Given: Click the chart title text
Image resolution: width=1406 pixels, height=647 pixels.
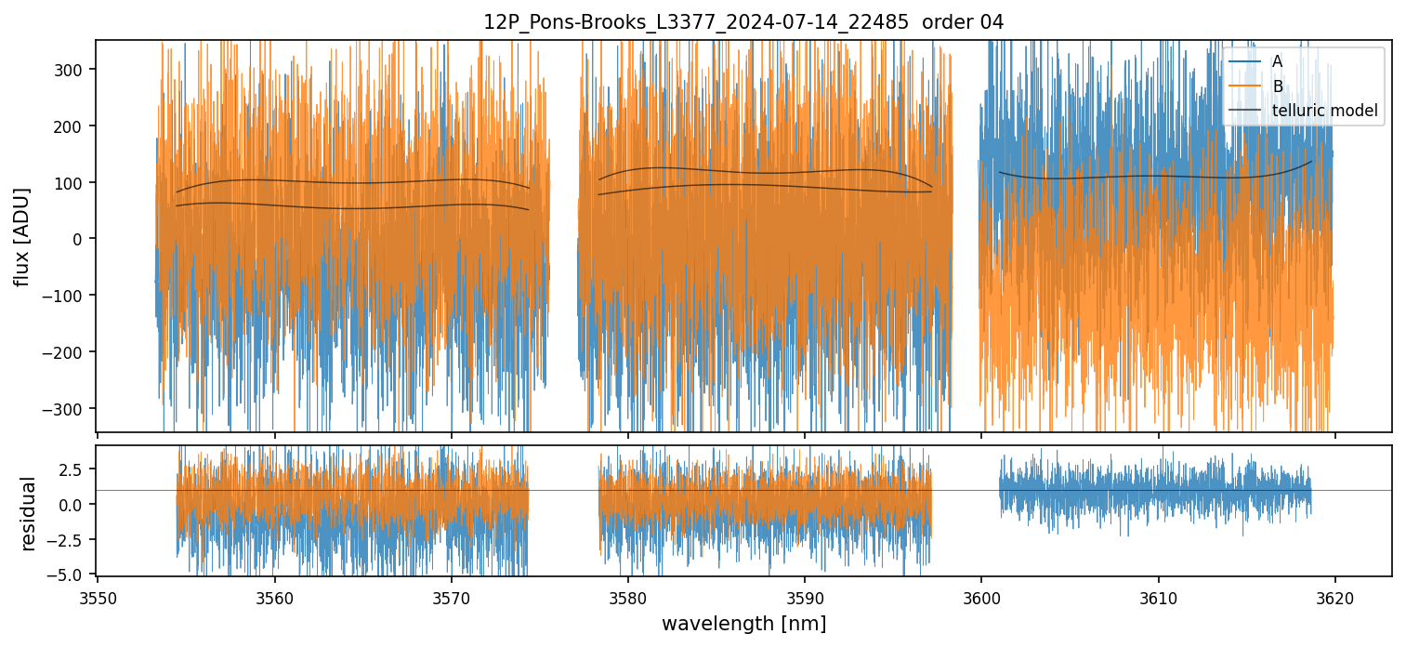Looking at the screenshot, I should (x=742, y=22).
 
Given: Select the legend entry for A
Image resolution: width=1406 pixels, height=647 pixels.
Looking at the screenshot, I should (x=1277, y=61).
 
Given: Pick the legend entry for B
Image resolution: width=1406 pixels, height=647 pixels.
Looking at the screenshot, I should (x=1277, y=86).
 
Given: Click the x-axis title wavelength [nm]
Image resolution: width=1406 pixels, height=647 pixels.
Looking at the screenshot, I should (x=743, y=623).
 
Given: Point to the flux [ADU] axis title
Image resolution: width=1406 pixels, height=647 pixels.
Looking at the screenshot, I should (x=21, y=236).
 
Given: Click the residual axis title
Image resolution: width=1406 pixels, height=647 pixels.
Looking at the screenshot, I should (x=28, y=513).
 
